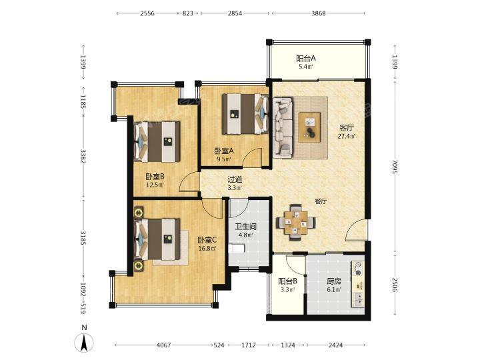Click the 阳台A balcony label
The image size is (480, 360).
[x=306, y=58]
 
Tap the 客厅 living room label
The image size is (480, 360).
[x=347, y=127]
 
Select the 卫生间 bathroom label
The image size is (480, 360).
[x=245, y=227]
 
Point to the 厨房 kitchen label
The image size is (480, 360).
[x=334, y=281]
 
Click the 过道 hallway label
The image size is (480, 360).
[x=235, y=180]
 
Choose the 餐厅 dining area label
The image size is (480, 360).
[x=321, y=201]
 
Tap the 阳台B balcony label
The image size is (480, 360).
[x=288, y=281]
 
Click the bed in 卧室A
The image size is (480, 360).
[x=245, y=114]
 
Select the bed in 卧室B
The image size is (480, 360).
[x=157, y=142]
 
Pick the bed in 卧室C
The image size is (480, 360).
[x=157, y=239]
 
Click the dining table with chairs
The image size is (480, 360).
[x=296, y=223]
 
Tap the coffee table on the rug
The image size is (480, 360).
[x=310, y=127]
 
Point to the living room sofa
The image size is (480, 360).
[x=283, y=127]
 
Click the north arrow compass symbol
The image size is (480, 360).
[x=85, y=342]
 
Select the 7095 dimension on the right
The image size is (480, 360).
[x=395, y=167]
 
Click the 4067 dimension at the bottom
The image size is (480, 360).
[x=164, y=345]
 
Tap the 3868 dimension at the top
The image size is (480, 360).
[x=319, y=13]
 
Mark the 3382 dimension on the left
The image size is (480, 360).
[x=83, y=156]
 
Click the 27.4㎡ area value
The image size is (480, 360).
[x=347, y=136]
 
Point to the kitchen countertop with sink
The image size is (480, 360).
[x=358, y=284]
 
